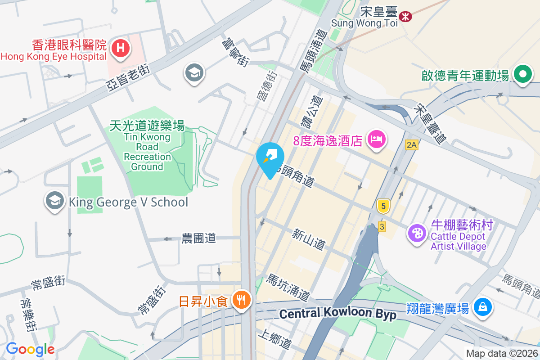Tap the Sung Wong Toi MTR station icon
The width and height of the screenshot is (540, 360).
(x=405, y=17)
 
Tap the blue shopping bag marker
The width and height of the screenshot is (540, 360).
(x=482, y=308)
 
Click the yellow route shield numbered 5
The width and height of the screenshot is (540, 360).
(x=383, y=206)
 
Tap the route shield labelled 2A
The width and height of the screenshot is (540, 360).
(x=411, y=144)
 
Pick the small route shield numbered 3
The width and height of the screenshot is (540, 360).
(x=382, y=226)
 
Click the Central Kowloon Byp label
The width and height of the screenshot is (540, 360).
(x=337, y=314)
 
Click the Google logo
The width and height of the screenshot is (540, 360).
(x=30, y=349)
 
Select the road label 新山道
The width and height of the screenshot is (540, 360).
(x=308, y=239)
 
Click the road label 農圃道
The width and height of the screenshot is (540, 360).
(x=198, y=238)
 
